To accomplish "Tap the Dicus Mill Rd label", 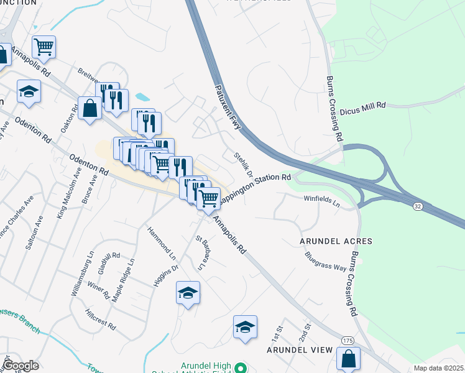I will click(x=363, y=107).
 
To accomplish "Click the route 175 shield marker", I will click(x=348, y=339).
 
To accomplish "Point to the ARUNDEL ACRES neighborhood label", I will click(x=336, y=241).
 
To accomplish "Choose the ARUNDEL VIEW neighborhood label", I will click(x=300, y=350).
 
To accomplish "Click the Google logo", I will click(x=20, y=366).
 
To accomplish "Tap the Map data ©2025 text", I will click(x=438, y=368).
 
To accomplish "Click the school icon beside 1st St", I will click(x=245, y=328).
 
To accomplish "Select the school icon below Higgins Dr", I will click(x=188, y=293).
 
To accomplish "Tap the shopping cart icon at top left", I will click(x=44, y=47).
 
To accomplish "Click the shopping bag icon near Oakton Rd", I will click(x=91, y=108).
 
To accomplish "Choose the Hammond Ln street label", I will click(x=162, y=243).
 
